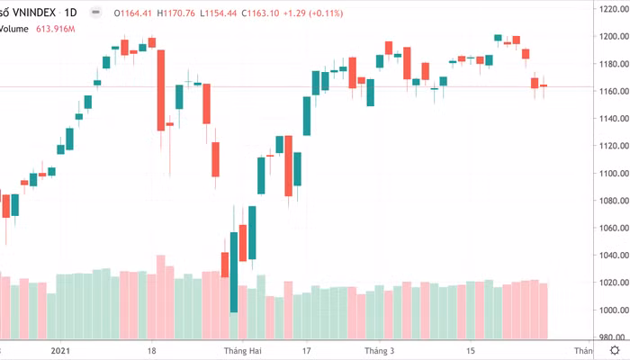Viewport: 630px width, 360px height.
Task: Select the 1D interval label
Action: pos(70,13)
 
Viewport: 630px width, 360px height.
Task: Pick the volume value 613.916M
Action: pos(55,29)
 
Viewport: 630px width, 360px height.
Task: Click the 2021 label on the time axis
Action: pos(61,351)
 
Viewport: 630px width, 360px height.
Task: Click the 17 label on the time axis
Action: pos(306,351)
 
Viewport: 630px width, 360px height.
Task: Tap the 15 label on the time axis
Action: pos(470,351)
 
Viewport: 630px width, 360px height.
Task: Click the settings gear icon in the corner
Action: pos(614,350)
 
